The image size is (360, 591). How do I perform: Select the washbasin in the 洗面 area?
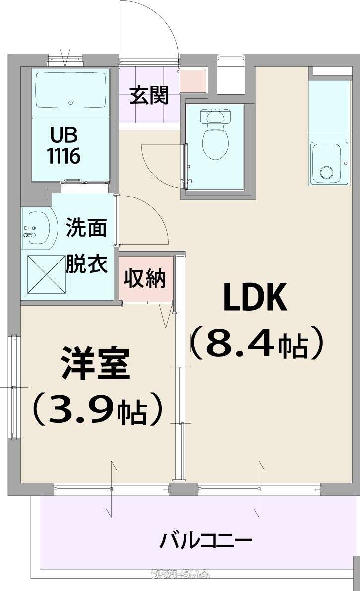coord(36,229)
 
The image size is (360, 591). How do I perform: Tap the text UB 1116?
coord(64,145)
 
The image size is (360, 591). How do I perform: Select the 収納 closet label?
coord(145,279)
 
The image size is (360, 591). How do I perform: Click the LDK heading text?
coord(255,297)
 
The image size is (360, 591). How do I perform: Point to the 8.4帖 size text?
coord(257,343)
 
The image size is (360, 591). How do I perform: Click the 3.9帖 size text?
coord(98,408)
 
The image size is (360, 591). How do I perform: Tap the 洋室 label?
coord(96,363)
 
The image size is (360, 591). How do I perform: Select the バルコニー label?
coord(206,541)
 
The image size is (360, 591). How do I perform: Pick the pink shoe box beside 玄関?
coord(193,81)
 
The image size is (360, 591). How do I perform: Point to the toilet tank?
coord(215,116)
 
